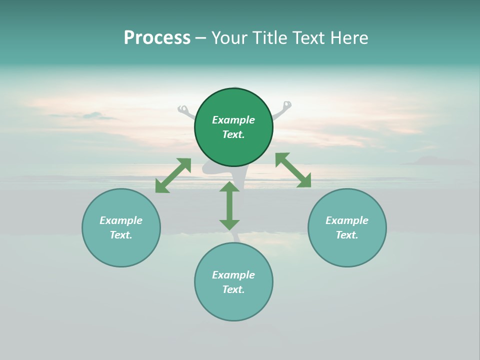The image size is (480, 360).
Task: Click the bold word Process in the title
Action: (x=157, y=38)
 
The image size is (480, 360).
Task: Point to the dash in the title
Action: (x=200, y=38)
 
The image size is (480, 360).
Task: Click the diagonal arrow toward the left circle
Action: (x=173, y=175)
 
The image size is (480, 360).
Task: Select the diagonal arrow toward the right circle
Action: (x=293, y=170)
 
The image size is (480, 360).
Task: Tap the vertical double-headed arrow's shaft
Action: (x=229, y=206)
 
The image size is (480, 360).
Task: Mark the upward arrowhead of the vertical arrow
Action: (x=229, y=187)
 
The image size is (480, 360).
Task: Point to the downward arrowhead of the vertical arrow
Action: (x=229, y=224)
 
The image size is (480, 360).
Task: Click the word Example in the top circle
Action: (x=233, y=120)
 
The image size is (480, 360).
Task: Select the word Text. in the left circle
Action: (x=121, y=235)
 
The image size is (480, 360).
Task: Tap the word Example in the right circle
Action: (x=347, y=220)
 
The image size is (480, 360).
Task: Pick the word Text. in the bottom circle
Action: (x=233, y=289)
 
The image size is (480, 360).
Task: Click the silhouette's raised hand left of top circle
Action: (x=183, y=108)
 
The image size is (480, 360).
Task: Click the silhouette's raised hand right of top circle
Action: (x=286, y=105)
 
